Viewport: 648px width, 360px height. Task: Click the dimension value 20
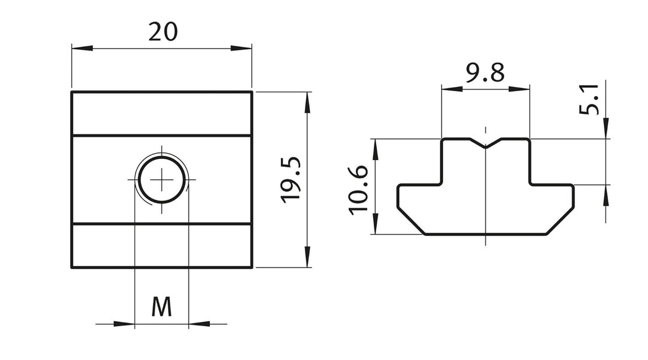(163, 32)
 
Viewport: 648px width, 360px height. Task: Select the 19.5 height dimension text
(291, 180)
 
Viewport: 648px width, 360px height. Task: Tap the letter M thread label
(161, 307)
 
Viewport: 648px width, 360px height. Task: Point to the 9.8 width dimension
(485, 73)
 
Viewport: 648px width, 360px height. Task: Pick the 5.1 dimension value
(589, 99)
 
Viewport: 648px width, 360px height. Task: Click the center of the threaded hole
(161, 179)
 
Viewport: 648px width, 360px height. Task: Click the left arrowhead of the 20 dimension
(82, 49)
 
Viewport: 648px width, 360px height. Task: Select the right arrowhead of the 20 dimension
(241, 49)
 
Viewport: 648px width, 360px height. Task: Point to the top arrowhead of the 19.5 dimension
(307, 102)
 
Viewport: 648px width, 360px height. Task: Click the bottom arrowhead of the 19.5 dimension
(307, 257)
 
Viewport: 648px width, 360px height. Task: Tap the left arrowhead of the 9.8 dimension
(452, 88)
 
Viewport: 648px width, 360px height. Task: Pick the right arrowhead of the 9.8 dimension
(519, 88)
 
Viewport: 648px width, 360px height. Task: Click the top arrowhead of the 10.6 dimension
(375, 149)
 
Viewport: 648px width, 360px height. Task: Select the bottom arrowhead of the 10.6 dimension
(375, 224)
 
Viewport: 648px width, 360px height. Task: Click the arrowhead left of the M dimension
(124, 324)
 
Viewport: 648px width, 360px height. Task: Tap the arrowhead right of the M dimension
(199, 324)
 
